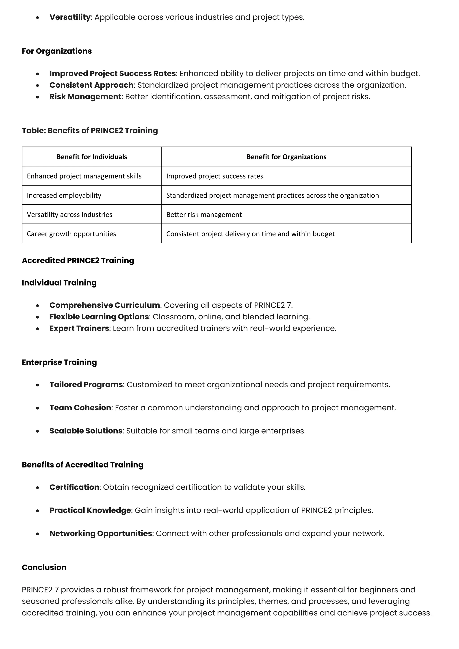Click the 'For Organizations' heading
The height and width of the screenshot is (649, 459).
pyautogui.click(x=57, y=51)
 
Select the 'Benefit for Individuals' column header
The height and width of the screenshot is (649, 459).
pyautogui.click(x=92, y=157)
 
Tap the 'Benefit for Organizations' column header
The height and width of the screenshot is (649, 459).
pyautogui.click(x=286, y=157)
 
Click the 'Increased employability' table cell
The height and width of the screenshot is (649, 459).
pyautogui.click(x=64, y=195)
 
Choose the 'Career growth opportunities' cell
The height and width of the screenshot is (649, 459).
pyautogui.click(x=71, y=234)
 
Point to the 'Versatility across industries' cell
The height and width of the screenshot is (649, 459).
pyautogui.click(x=69, y=214)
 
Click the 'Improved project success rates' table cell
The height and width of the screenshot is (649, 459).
pyautogui.click(x=214, y=176)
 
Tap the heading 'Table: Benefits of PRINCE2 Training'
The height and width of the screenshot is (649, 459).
pyautogui.click(x=90, y=131)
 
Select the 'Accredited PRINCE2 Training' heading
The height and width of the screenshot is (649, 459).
pyautogui.click(x=78, y=260)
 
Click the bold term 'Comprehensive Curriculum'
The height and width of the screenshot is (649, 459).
pyautogui.click(x=105, y=305)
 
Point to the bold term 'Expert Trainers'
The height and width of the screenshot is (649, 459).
pyautogui.click(x=79, y=329)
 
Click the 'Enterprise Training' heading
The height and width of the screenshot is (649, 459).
pyautogui.click(x=59, y=362)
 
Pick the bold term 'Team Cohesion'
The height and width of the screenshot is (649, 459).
pyautogui.click(x=80, y=408)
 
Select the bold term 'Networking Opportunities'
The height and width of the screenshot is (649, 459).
pyautogui.click(x=101, y=533)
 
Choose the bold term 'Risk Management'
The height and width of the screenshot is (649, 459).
pyautogui.click(x=85, y=97)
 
